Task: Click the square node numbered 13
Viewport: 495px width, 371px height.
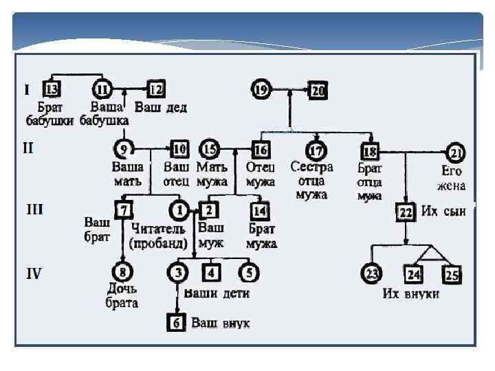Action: click(52, 89)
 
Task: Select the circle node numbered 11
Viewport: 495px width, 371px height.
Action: click(102, 89)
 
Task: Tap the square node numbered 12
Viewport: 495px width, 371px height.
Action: click(156, 89)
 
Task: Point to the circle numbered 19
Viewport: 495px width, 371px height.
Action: click(261, 89)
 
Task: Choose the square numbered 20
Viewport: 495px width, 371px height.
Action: click(317, 89)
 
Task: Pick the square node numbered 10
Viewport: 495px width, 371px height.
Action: click(179, 148)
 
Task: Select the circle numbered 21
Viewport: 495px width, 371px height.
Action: click(456, 151)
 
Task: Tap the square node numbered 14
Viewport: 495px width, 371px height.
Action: click(259, 210)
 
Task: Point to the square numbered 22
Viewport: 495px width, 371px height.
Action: click(406, 212)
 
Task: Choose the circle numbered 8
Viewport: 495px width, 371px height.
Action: click(123, 273)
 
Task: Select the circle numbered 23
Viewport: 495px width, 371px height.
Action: click(372, 274)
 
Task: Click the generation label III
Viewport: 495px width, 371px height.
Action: click(34, 208)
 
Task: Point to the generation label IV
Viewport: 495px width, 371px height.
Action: click(34, 273)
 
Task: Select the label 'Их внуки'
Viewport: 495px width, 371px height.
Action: click(430, 294)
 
